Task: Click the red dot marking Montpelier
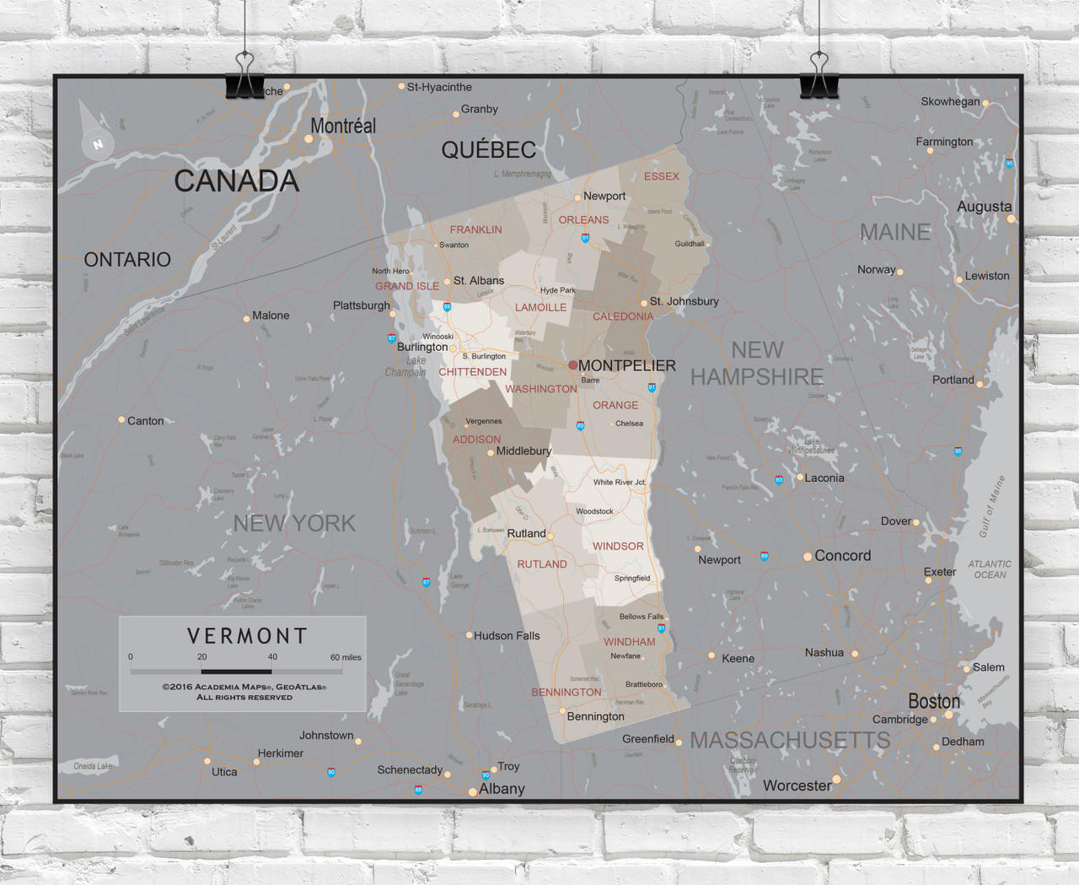(573, 365)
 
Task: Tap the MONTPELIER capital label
(626, 365)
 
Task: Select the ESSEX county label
(661, 176)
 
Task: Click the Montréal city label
(343, 126)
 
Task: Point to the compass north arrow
(94, 132)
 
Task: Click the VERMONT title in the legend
(247, 635)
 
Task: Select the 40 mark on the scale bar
(272, 657)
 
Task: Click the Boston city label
(934, 701)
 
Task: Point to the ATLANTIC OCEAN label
(990, 569)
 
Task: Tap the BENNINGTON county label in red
(566, 692)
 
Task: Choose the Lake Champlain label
(406, 366)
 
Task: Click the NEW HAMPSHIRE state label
(756, 364)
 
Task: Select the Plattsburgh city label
(361, 305)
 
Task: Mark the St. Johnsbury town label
(684, 301)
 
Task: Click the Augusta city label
(984, 207)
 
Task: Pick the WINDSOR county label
(618, 546)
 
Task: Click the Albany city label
(502, 789)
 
